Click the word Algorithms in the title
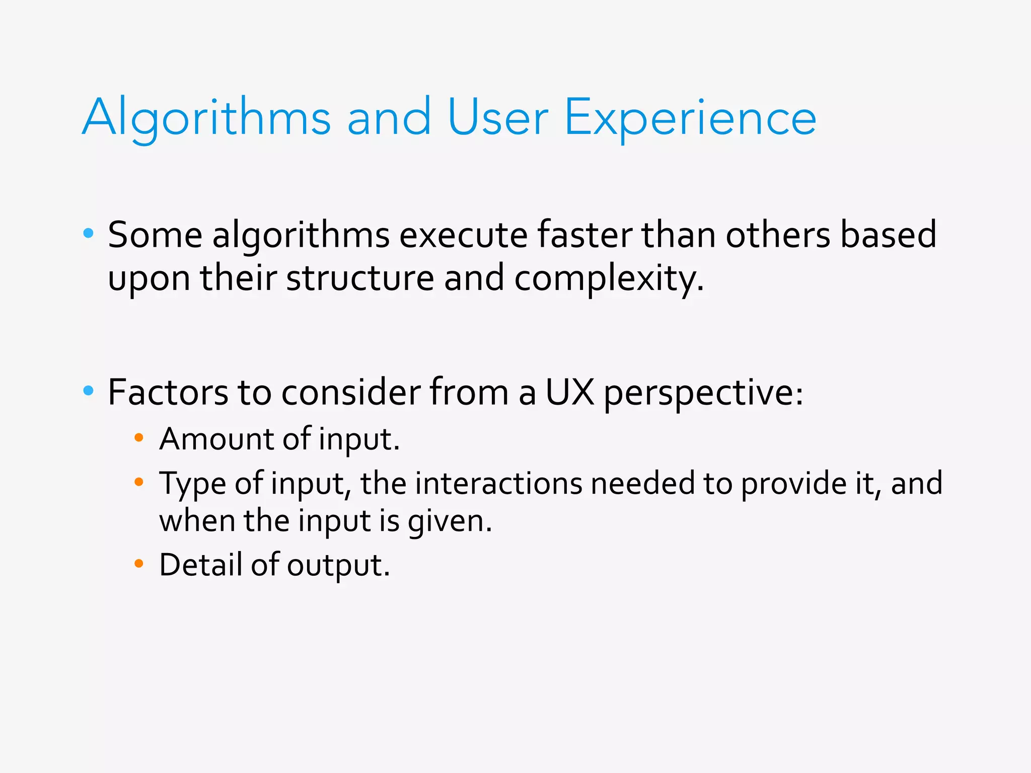206,118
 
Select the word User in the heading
497,118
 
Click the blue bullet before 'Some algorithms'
89,233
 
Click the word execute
463,235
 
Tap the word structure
359,278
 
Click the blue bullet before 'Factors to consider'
89,391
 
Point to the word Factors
168,393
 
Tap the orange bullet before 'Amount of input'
139,437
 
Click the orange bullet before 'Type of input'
139,482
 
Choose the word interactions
498,483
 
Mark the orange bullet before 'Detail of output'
139,563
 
